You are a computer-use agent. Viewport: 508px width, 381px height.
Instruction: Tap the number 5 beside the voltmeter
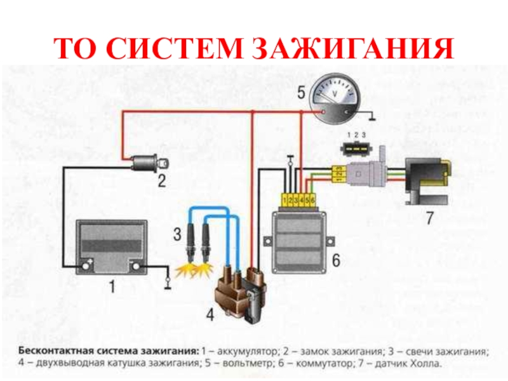point(302,94)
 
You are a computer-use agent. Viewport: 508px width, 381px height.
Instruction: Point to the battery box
point(112,246)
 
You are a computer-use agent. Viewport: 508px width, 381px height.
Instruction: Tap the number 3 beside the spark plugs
point(177,235)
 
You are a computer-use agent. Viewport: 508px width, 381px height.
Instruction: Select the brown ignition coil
point(241,293)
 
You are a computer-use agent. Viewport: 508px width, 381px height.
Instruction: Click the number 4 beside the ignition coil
point(210,312)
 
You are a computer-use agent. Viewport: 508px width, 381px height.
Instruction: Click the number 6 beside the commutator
point(336,261)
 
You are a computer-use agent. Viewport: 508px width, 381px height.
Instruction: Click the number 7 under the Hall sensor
point(429,219)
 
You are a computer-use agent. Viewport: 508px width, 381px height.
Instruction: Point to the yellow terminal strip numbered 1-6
point(299,201)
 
